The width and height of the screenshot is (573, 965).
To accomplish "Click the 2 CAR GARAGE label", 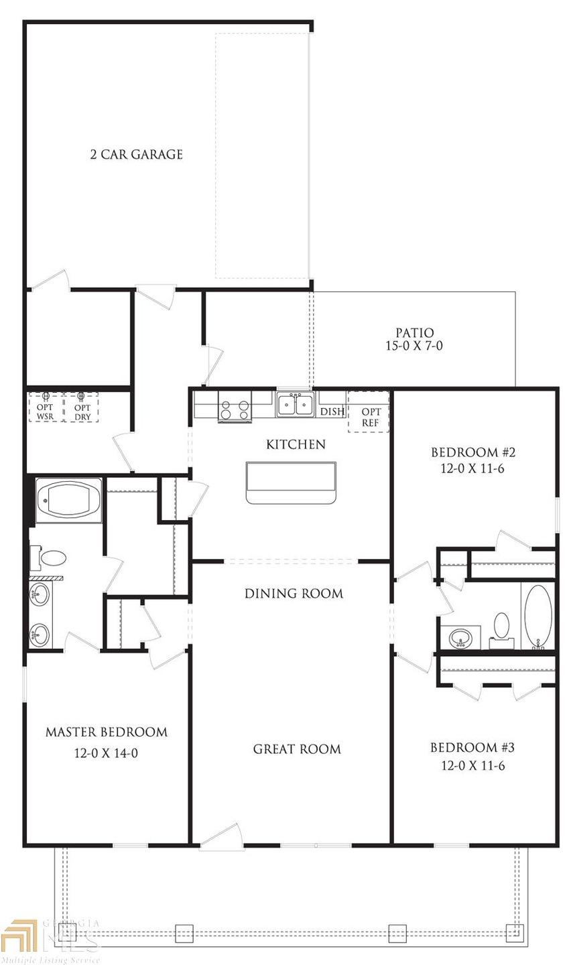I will coord(136,155).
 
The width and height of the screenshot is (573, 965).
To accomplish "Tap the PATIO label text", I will coord(414,332).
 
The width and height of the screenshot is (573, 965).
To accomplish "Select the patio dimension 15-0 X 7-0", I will coord(414,346).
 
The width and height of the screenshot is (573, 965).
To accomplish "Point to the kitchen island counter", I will coord(290,481).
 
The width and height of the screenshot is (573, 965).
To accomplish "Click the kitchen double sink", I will coord(296,405).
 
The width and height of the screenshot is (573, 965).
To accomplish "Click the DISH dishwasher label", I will coord(332,412).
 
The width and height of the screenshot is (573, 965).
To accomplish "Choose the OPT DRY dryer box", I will coord(82,407).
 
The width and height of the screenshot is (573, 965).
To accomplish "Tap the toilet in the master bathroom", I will coord(52,558).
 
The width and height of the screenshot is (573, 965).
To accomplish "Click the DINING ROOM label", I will coord(294,594).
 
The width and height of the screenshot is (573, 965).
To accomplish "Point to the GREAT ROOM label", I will coord(296,749).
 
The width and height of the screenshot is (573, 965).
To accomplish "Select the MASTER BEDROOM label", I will coord(106,732).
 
